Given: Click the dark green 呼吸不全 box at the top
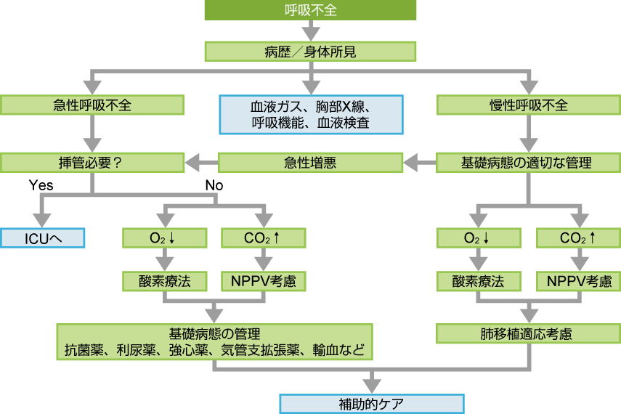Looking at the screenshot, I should pyautogui.click(x=310, y=10).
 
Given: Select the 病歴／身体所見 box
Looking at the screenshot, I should pyautogui.click(x=310, y=52).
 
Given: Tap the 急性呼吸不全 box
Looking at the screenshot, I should pyautogui.click(x=92, y=105).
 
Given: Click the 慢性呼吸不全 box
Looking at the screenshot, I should pyautogui.click(x=528, y=105).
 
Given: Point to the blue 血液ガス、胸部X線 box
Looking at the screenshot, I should pyautogui.click(x=310, y=115).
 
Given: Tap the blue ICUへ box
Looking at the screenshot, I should pyautogui.click(x=43, y=238).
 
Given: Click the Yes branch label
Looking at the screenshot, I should pyautogui.click(x=41, y=185).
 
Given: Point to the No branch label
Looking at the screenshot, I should pyautogui.click(x=214, y=185).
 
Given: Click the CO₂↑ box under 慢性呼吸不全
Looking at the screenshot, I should pyautogui.click(x=579, y=238).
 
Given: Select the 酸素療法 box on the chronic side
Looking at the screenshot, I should pyautogui.click(x=479, y=281).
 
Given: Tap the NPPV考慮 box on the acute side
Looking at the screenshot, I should pyautogui.click(x=263, y=281).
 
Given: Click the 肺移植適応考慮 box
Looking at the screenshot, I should pyautogui.click(x=528, y=334).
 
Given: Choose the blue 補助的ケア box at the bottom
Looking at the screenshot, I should pyautogui.click(x=372, y=403).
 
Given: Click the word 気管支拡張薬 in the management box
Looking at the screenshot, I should pyautogui.click(x=264, y=351).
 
